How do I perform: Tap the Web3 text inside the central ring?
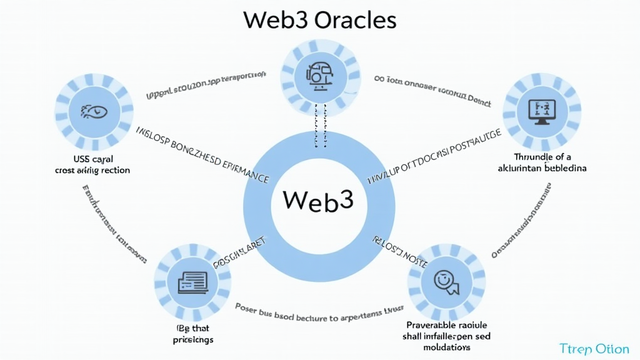[318, 201]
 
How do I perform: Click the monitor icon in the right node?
[541, 111]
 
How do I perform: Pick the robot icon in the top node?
[320, 73]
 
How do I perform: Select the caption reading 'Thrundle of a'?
[542, 157]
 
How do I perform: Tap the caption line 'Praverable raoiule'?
[446, 326]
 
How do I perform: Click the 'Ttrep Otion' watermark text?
[594, 347]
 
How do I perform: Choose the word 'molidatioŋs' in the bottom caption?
[446, 347]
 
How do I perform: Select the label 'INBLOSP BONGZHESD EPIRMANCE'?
[202, 155]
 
